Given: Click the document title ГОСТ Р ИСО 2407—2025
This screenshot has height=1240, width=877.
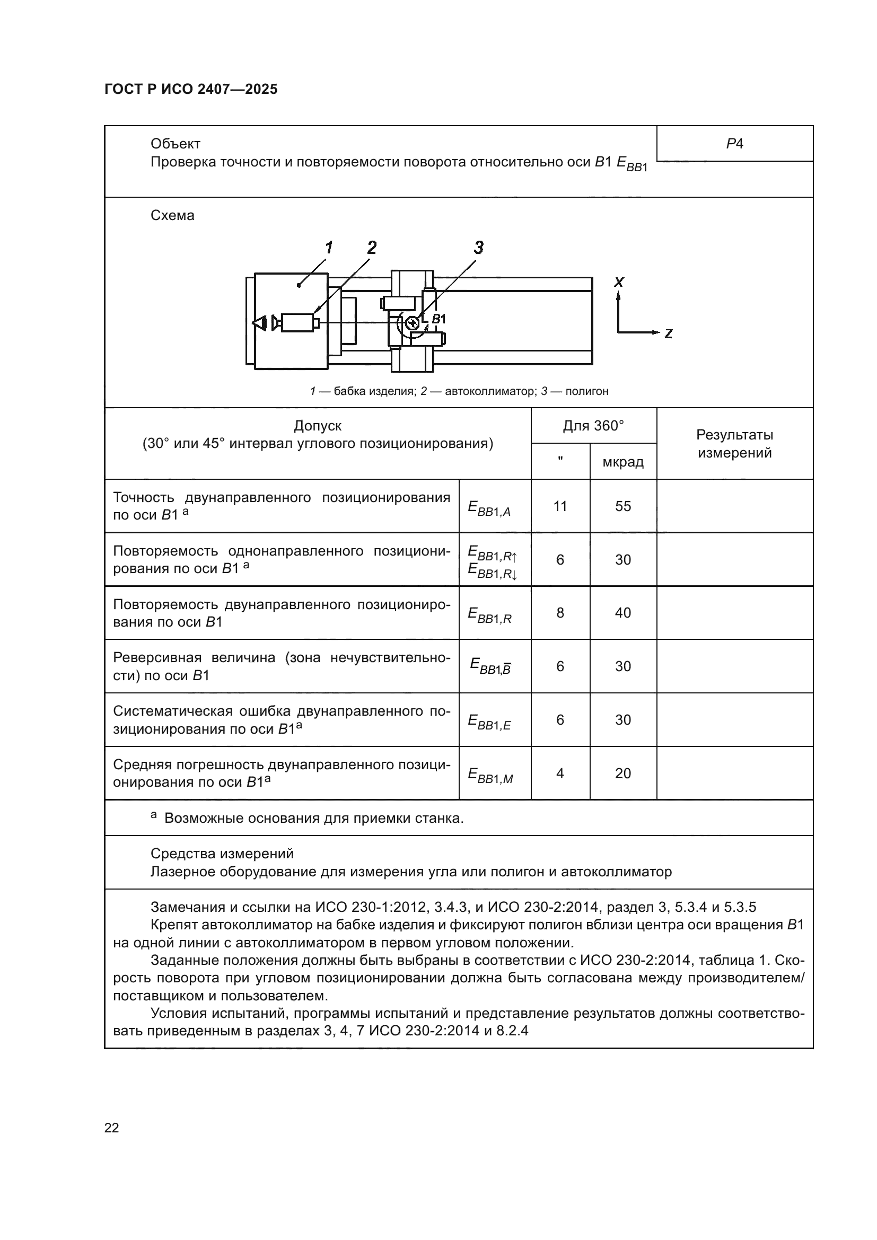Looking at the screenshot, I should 191,89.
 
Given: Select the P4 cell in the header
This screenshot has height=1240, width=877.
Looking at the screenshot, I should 734,144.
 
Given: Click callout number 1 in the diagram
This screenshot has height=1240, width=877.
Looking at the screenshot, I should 328,248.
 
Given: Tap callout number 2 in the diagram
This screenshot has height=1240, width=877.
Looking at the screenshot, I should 372,248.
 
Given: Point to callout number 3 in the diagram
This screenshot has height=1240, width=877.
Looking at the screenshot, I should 478,248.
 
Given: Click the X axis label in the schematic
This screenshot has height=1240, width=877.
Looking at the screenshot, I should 619,282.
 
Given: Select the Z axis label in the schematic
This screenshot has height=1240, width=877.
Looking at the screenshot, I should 668,334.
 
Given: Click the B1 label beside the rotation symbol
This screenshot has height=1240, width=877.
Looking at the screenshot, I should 438,319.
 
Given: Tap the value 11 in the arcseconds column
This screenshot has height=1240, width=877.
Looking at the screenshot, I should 560,506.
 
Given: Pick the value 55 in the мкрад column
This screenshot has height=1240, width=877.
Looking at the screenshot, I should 622,506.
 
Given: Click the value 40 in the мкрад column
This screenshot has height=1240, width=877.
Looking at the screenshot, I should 622,612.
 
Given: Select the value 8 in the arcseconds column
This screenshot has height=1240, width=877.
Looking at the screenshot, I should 560,612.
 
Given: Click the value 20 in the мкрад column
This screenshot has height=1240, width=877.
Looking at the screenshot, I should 622,773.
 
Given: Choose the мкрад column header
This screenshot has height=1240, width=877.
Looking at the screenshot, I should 622,462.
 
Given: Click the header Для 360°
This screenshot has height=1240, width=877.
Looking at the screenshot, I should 593,426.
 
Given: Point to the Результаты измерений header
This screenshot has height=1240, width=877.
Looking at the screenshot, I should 734,444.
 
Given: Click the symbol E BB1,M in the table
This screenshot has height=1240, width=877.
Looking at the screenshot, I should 490,776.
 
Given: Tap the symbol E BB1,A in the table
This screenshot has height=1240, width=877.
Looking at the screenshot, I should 489,508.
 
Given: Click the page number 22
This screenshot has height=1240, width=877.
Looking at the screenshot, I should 112,1128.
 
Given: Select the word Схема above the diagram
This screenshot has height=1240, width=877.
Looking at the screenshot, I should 172,215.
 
